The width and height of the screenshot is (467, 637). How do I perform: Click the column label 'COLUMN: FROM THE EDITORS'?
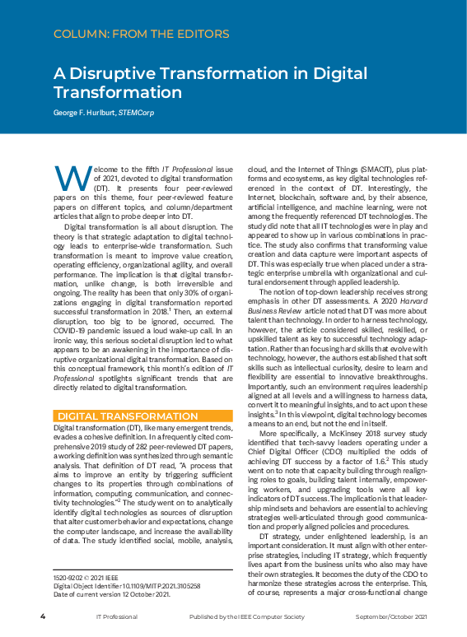tap(141, 34)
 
